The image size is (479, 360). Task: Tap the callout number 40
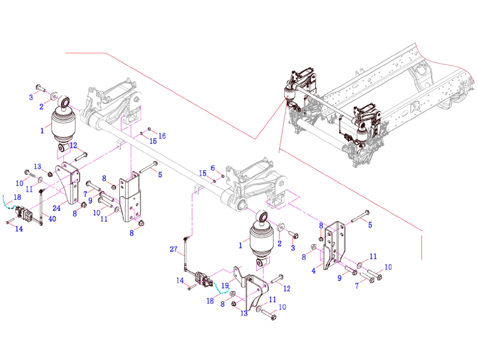(x=51, y=218)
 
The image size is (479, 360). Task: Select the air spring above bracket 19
(x=260, y=238)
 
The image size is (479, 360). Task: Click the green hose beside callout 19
(x=223, y=292)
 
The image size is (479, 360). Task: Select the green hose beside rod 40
(x=7, y=203)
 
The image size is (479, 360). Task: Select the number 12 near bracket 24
(x=73, y=145)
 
